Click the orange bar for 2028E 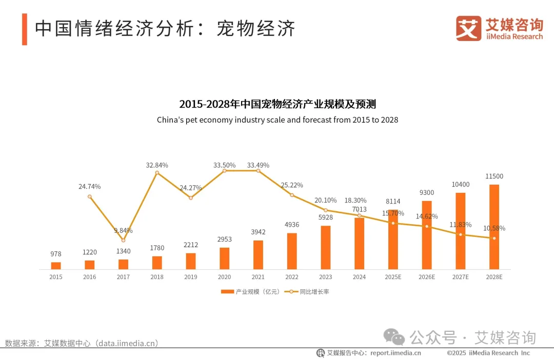coord(494,227)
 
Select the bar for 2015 coord(56,266)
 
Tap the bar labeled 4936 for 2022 coord(292,251)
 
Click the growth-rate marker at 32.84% coord(157,173)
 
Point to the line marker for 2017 coord(123,240)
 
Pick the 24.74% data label coord(90,187)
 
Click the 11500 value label coord(494,176)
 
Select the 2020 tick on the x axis coord(224,277)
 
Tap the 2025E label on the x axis coord(393,277)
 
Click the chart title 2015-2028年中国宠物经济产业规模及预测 coord(277,104)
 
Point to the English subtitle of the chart coord(277,120)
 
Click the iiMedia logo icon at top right coord(468,28)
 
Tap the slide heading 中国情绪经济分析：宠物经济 coord(165,29)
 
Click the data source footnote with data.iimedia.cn coord(82,343)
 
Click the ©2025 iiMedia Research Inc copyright coord(488,353)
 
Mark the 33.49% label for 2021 coord(258,165)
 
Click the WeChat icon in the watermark coord(394,337)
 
